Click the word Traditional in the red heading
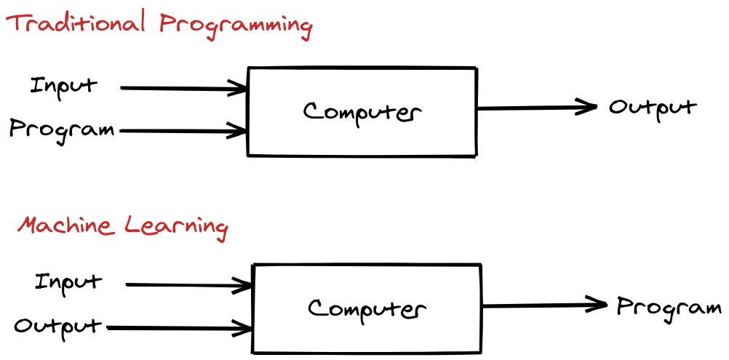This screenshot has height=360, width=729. (77, 24)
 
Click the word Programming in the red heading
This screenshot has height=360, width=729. (236, 26)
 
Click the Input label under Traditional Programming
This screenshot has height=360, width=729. (63, 86)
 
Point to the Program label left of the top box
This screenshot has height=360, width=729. (62, 131)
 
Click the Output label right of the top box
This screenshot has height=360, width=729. (653, 108)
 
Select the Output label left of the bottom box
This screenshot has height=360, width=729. (58, 326)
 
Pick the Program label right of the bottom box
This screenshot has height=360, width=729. (669, 308)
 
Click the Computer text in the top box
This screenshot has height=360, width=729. (362, 112)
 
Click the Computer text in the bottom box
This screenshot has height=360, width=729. (367, 308)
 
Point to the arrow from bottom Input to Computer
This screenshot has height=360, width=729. (188, 285)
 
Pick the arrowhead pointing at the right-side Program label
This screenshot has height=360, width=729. (598, 305)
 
